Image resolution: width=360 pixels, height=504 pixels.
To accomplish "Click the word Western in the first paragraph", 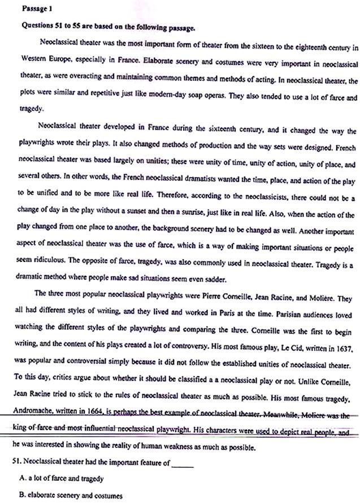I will point(33,58).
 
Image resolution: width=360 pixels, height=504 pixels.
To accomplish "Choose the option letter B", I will point(23,495).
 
